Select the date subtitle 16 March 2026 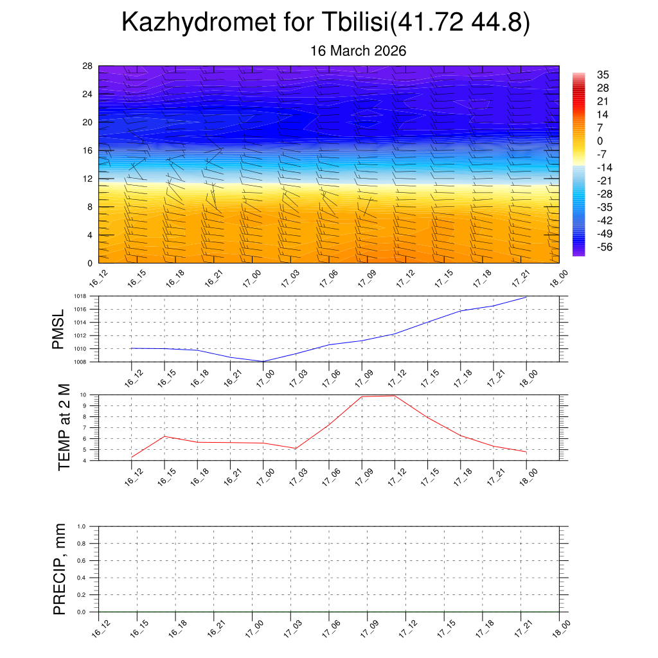[x=358, y=51]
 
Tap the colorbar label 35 [x=603, y=75]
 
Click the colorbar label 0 [x=600, y=141]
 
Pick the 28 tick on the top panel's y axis [x=87, y=66]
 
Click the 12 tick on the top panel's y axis [x=87, y=179]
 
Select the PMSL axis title [x=58, y=329]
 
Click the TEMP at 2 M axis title [x=64, y=427]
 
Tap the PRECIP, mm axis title [x=60, y=569]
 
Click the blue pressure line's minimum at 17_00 [x=263, y=361]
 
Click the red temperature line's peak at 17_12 [x=395, y=395]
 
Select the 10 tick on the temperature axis [x=84, y=395]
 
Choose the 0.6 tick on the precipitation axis [x=82, y=560]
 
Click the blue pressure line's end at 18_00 [x=526, y=297]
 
